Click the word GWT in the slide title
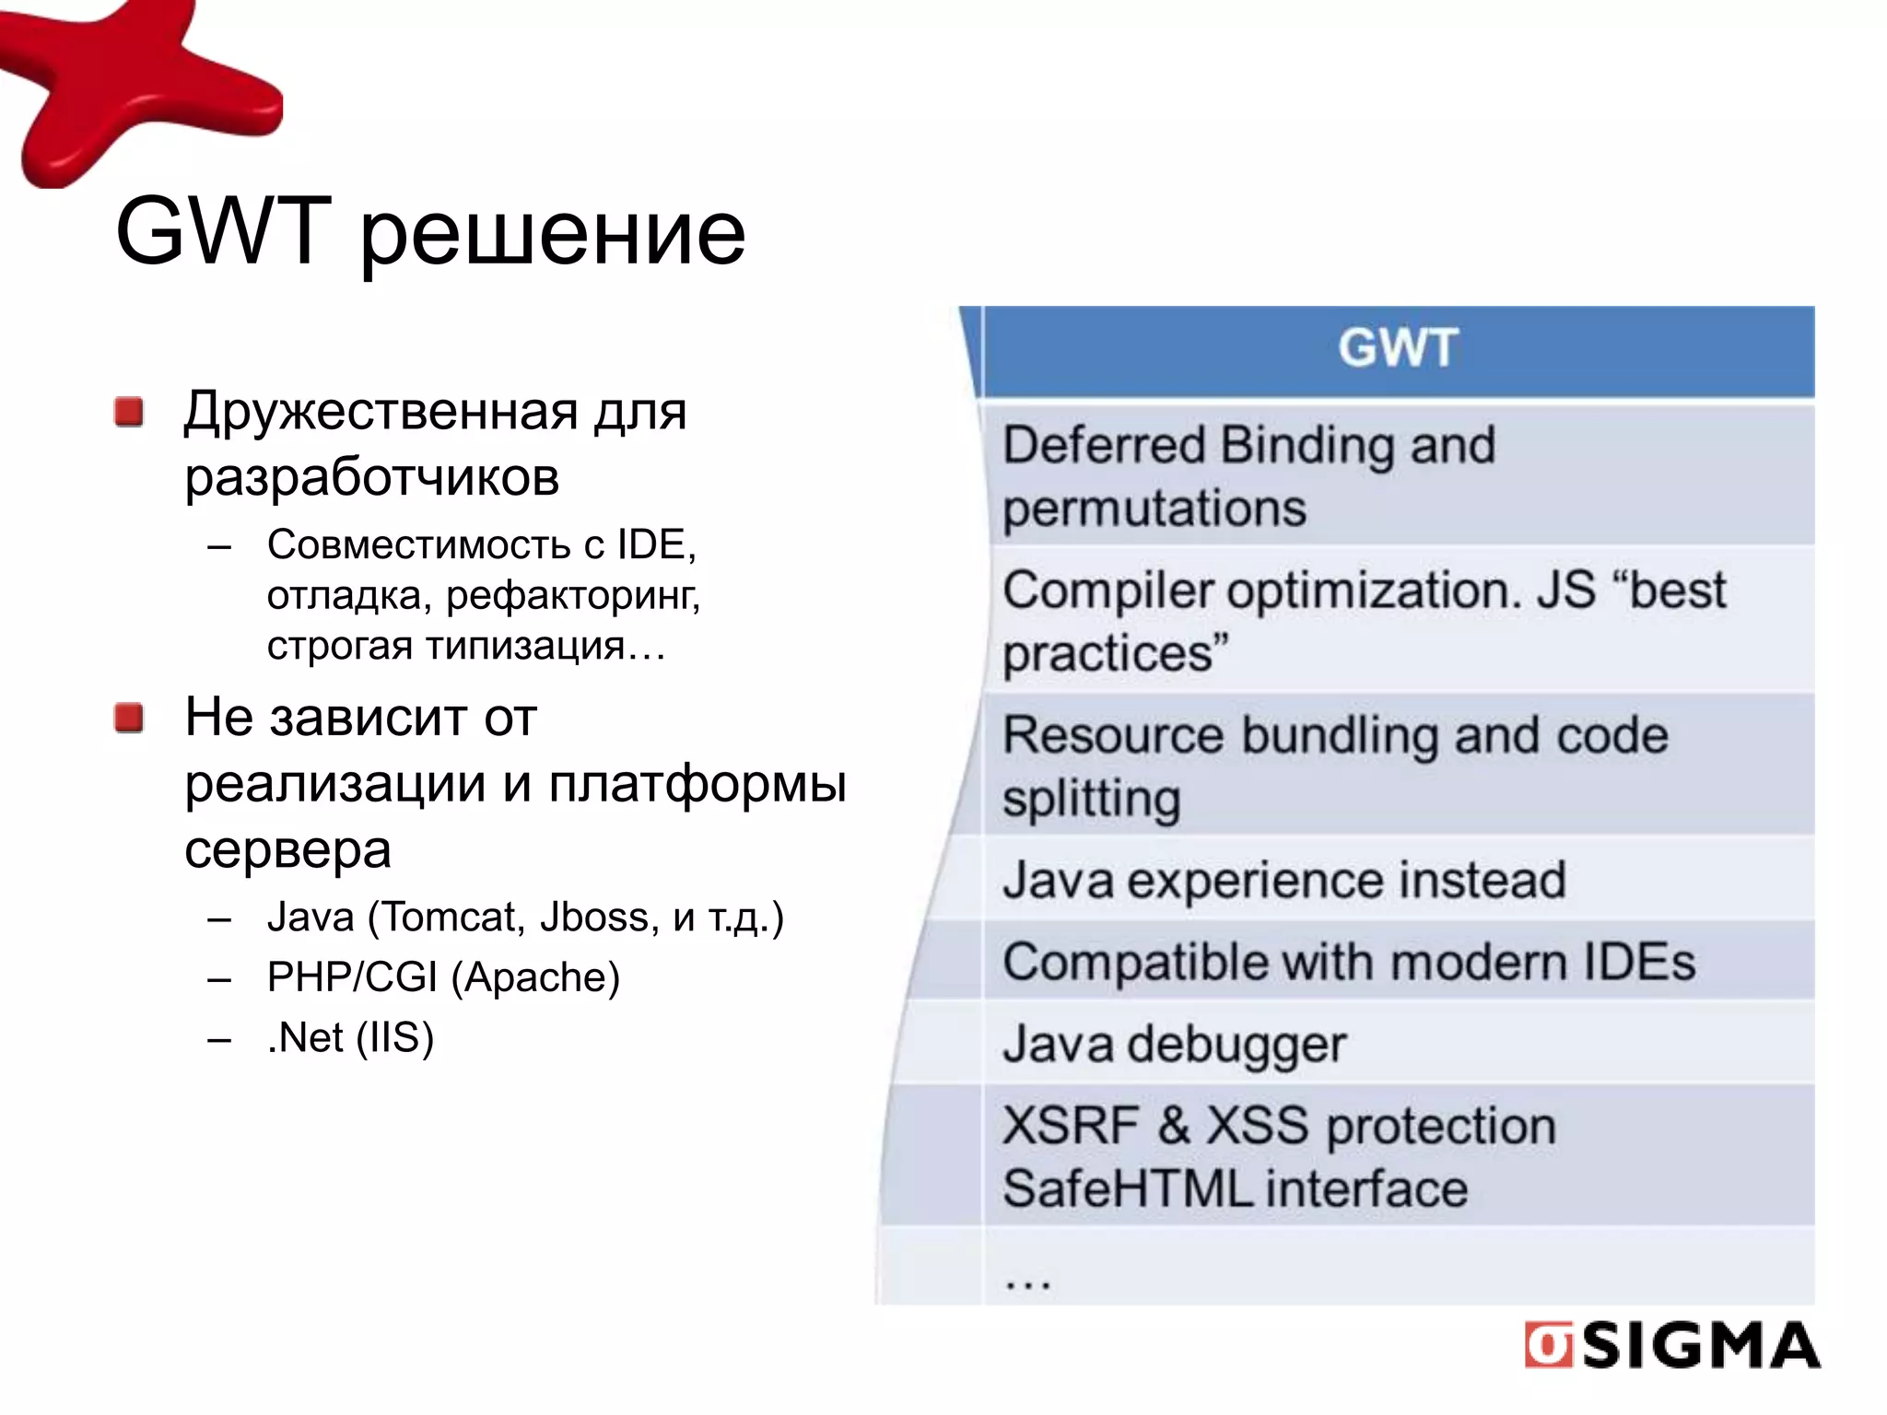click(x=223, y=232)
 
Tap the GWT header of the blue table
click(x=1397, y=349)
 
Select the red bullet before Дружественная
click(x=129, y=412)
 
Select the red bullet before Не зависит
click(x=129, y=718)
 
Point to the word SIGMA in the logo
click(x=1701, y=1346)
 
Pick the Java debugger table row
click(x=1174, y=1045)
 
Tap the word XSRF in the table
click(x=1069, y=1126)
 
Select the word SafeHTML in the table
click(x=1126, y=1189)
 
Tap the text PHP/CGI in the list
click(x=352, y=977)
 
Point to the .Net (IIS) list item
click(x=350, y=1038)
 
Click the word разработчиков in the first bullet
click(x=371, y=478)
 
